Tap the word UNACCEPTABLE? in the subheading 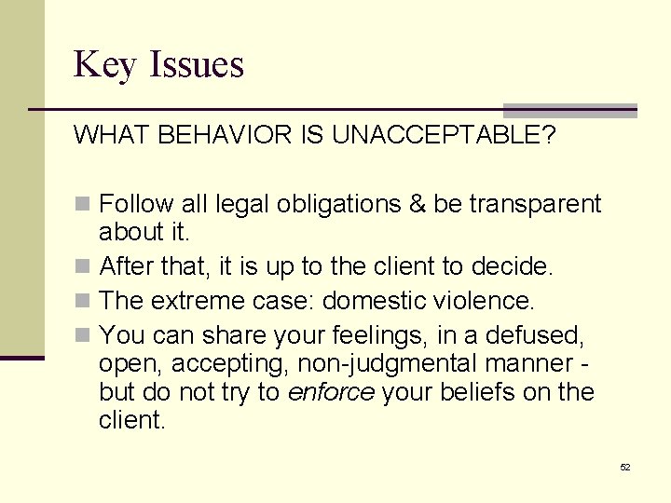(x=444, y=136)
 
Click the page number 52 (x=624, y=467)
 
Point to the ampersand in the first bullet (x=416, y=204)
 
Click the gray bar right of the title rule (x=569, y=110)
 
